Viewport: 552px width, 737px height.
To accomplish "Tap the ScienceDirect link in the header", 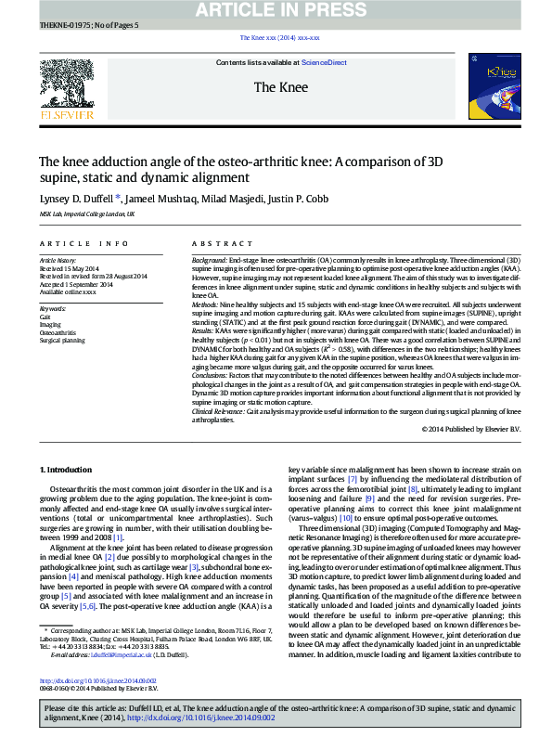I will (324, 62).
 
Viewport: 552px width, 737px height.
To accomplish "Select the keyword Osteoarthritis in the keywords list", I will (58, 332).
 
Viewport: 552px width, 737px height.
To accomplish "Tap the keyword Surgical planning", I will (62, 341).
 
